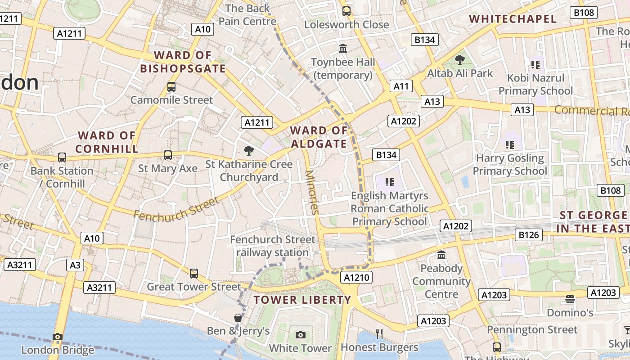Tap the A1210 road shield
click(356, 278)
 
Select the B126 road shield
click(528, 234)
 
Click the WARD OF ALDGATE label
click(319, 137)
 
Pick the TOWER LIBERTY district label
click(302, 300)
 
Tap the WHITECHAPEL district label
click(513, 19)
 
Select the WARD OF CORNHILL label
click(107, 142)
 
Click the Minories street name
click(311, 192)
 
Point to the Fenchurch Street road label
click(176, 209)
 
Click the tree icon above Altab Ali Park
click(459, 59)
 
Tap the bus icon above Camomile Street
click(171, 87)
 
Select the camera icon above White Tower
click(300, 335)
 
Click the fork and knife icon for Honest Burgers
click(379, 333)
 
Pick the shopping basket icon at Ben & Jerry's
click(238, 318)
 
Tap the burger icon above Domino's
click(570, 299)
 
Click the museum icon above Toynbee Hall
click(343, 48)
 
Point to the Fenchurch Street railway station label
click(273, 246)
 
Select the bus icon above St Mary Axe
click(168, 155)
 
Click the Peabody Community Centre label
click(441, 281)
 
